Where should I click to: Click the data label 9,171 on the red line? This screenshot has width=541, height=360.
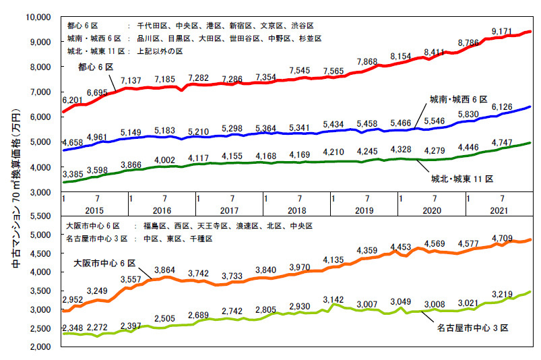pyautogui.click(x=504, y=31)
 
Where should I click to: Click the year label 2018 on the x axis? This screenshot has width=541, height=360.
pyautogui.click(x=297, y=210)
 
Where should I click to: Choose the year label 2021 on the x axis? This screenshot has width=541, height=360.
pyautogui.click(x=499, y=210)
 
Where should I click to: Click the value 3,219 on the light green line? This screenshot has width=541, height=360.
pyautogui.click(x=503, y=294)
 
